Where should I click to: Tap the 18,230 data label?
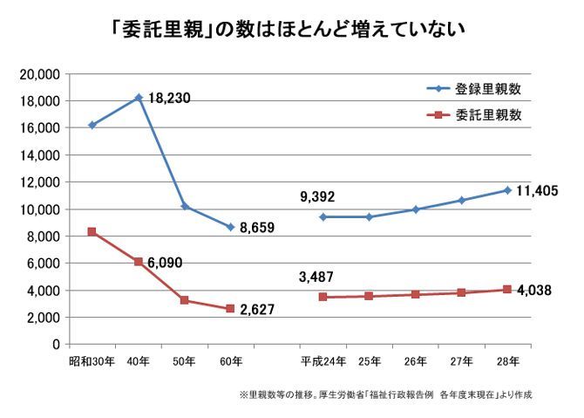[169, 98]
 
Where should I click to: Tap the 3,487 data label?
[316, 278]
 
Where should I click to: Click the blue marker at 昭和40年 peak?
[139, 98]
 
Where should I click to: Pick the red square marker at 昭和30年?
[92, 232]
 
